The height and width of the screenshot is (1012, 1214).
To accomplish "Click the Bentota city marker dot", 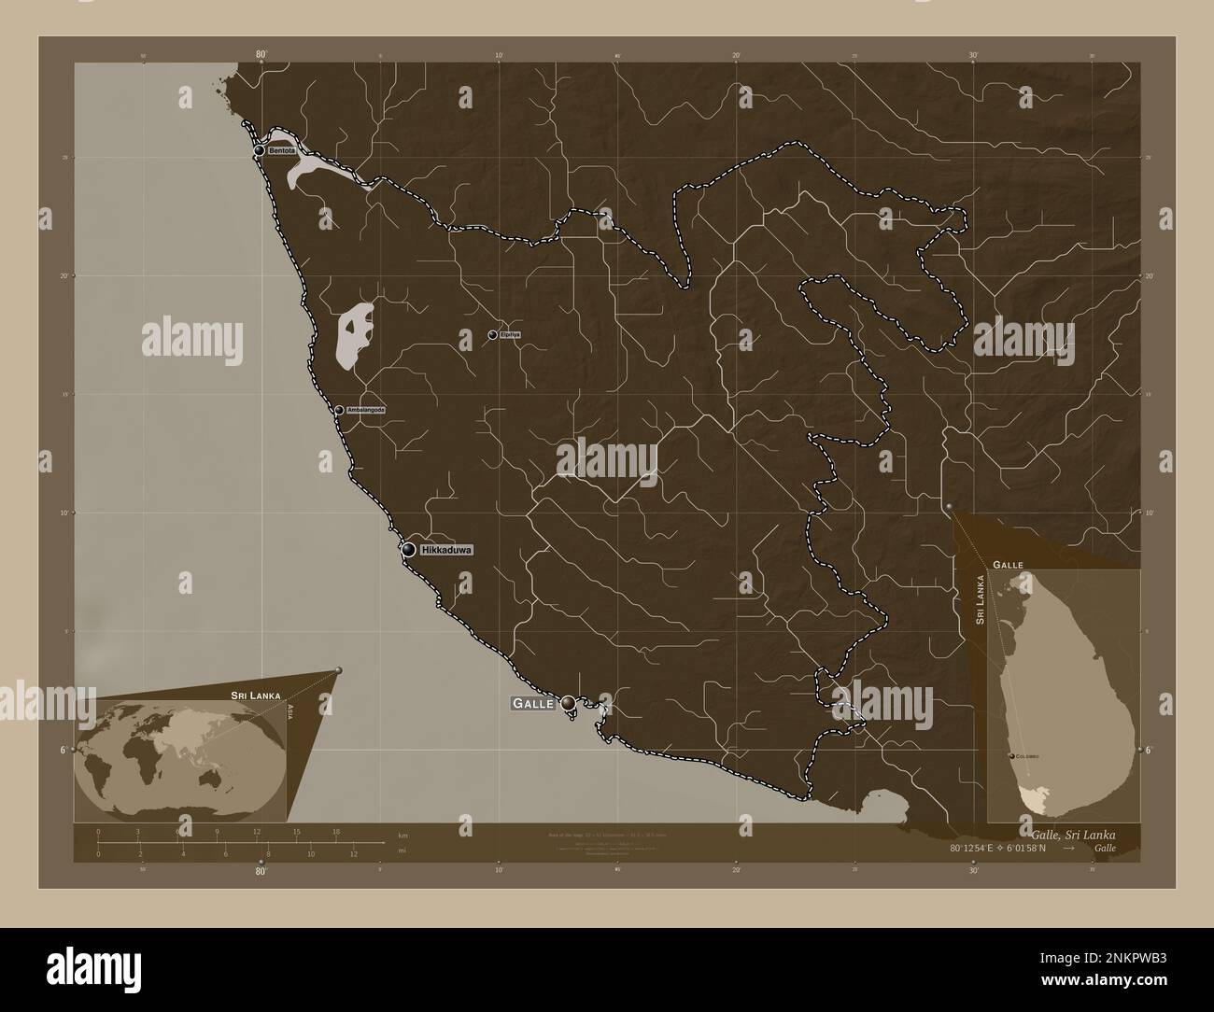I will (x=259, y=150).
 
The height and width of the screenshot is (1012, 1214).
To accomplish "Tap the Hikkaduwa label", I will (x=447, y=551).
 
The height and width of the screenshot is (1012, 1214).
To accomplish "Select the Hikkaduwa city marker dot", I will (x=408, y=550).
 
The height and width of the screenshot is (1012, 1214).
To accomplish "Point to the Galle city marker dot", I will (x=567, y=703).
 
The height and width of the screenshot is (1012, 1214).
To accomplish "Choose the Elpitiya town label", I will (x=510, y=334).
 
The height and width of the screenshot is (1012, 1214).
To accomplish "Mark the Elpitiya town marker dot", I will (x=492, y=334).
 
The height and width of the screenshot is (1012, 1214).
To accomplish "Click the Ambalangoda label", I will (x=365, y=410).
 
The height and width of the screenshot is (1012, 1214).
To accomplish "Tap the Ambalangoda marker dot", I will (x=339, y=409).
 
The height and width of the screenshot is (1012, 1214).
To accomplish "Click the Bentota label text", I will (x=281, y=150).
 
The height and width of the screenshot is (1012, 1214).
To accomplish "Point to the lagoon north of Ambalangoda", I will (x=353, y=333).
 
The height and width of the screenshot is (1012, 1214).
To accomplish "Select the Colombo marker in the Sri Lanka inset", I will (x=1012, y=755).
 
